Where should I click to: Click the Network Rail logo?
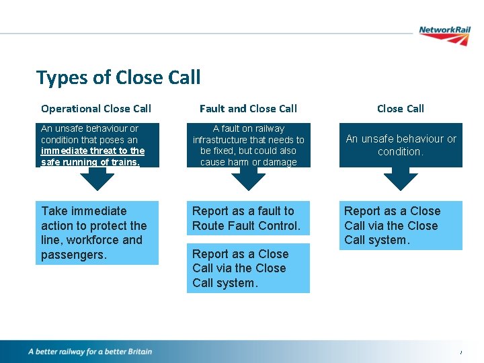[444, 34]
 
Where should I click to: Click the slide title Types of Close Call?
[118, 77]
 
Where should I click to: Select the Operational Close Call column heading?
[96, 108]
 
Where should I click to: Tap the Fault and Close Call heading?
[248, 108]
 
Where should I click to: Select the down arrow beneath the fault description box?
[249, 178]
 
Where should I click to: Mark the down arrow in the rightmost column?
[401, 178]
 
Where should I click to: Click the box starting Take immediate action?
[97, 233]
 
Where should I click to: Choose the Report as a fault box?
[248, 218]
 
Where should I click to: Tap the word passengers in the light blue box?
[74, 255]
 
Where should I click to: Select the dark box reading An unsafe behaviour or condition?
[401, 145]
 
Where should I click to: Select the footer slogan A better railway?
[90, 352]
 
